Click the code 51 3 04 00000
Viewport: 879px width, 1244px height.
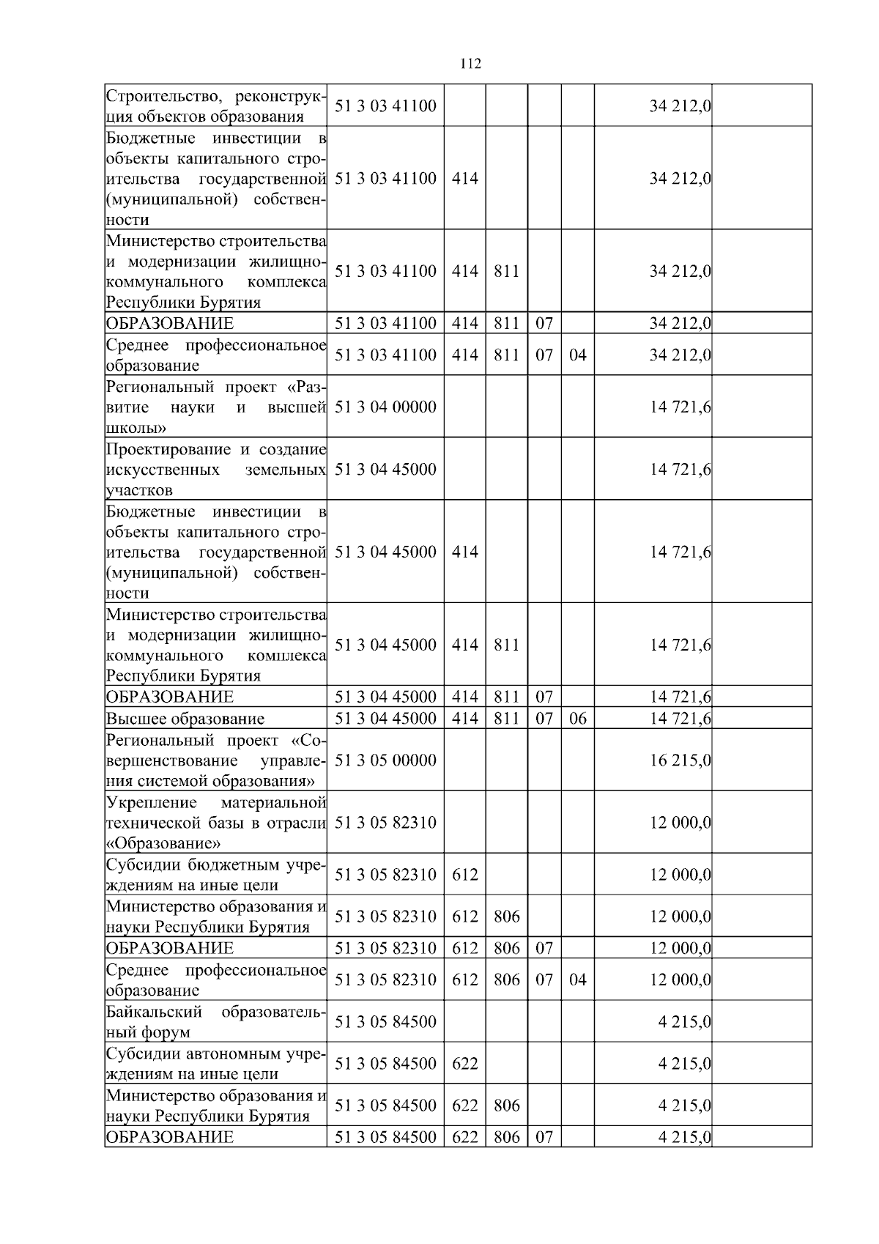point(385,407)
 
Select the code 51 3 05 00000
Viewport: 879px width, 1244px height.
point(385,760)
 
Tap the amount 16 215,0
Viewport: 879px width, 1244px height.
point(680,760)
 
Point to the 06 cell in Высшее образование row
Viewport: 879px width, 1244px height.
point(577,718)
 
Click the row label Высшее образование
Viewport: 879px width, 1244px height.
point(185,719)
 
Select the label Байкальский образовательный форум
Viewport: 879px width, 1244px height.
point(215,1022)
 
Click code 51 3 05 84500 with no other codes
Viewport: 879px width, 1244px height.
point(385,1021)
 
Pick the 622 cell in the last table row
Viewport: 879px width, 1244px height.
point(464,1137)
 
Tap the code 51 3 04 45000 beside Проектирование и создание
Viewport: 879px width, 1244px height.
point(385,469)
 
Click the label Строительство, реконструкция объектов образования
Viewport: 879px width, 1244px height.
point(215,106)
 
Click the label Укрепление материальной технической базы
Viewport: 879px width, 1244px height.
point(215,823)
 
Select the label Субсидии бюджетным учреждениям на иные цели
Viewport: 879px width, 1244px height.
point(215,875)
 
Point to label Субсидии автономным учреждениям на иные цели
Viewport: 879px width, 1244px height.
point(215,1064)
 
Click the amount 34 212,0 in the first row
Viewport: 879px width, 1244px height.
point(680,106)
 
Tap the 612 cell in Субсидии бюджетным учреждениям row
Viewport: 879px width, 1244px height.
point(464,875)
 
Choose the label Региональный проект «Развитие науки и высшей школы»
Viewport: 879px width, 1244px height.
point(215,407)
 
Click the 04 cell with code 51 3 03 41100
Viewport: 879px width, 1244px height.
point(577,355)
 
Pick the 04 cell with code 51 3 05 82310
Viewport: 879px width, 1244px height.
point(577,980)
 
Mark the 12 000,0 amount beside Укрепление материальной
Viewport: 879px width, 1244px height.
point(680,823)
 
